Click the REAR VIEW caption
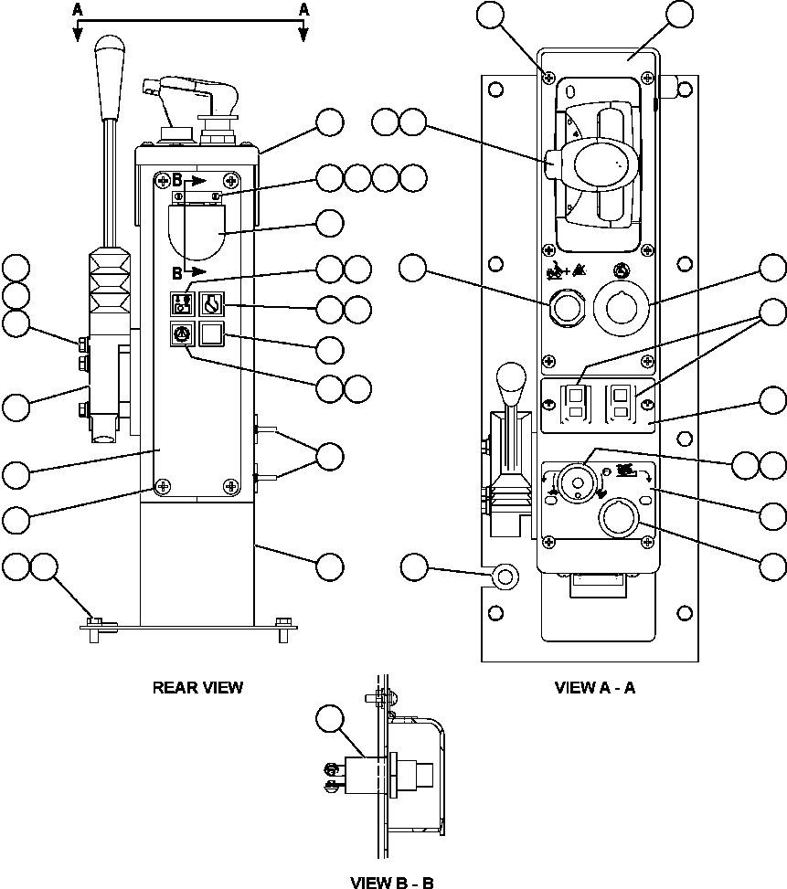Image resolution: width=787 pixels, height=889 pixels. pyautogui.click(x=197, y=687)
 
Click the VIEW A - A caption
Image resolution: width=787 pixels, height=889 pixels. pyautogui.click(x=595, y=687)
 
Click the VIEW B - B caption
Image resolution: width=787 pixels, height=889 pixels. pyautogui.click(x=392, y=883)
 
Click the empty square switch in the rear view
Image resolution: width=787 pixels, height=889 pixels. pyautogui.click(x=212, y=335)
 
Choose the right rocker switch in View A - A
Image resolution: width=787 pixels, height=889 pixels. pyautogui.click(x=621, y=401)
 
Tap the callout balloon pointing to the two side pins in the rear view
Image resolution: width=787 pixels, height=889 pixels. pyautogui.click(x=329, y=456)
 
